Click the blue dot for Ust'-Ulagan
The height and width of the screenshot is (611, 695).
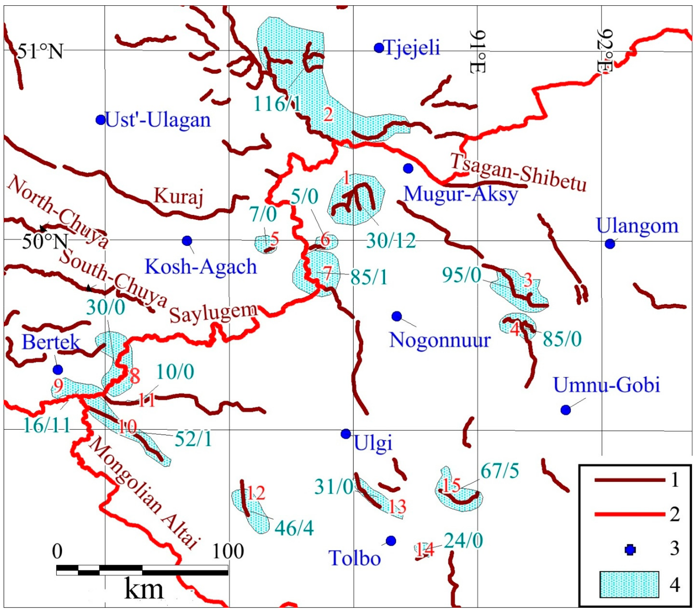[x=100, y=120]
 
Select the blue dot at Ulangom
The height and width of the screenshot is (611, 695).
[x=610, y=244]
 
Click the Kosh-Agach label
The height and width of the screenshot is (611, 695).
[x=201, y=266]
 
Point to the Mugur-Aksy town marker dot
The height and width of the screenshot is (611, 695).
[x=408, y=168]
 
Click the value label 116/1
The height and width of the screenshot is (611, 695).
[x=277, y=103]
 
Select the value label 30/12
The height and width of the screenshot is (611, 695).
[x=391, y=241]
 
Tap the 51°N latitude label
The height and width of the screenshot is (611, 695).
[x=40, y=52]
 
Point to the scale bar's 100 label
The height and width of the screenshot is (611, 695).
[x=228, y=551]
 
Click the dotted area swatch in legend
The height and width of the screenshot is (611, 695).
[x=629, y=585]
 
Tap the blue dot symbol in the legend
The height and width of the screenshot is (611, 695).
[x=630, y=550]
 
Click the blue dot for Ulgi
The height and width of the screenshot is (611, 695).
[x=346, y=434]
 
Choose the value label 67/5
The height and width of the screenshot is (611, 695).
[x=500, y=471]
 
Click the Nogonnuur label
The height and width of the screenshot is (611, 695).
[x=440, y=340]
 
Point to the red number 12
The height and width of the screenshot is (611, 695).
[x=256, y=493]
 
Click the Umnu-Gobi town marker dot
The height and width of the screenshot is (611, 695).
[x=566, y=410]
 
